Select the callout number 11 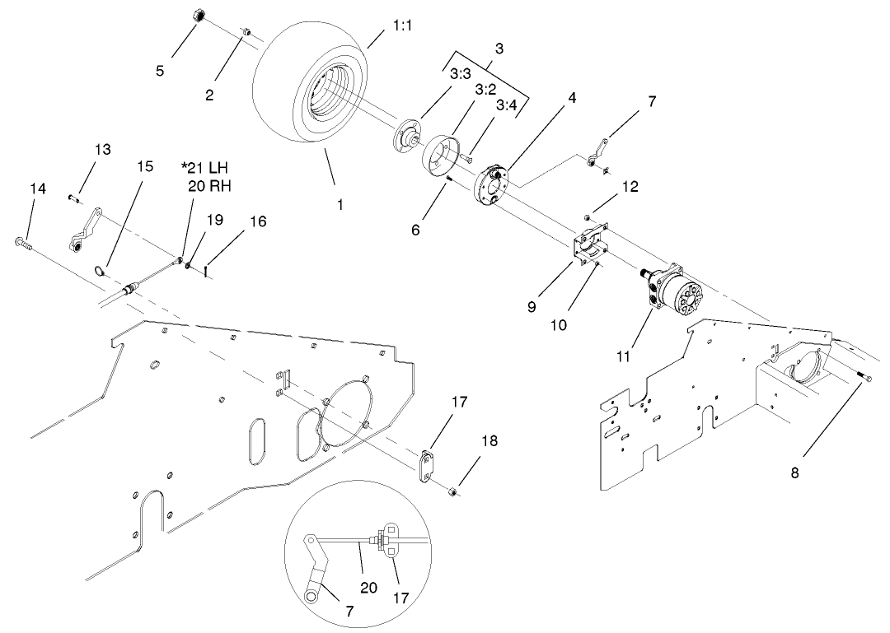[x=624, y=356]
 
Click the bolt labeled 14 [x=21, y=243]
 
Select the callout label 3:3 [x=461, y=73]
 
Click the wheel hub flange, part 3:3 [x=404, y=135]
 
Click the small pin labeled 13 [x=73, y=197]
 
